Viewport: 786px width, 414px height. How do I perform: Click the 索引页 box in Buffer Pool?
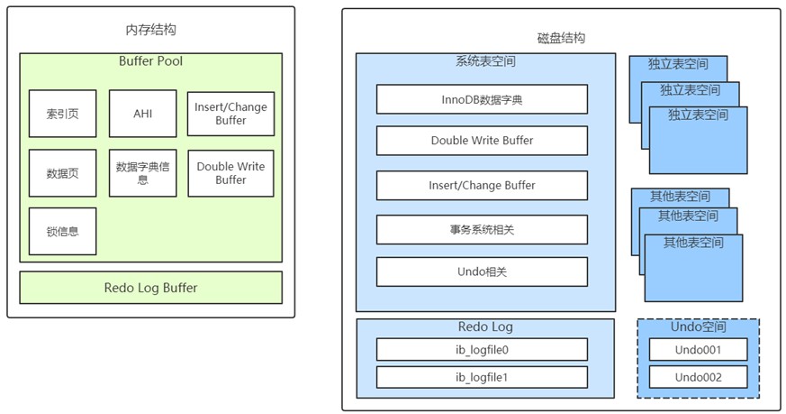[x=63, y=114]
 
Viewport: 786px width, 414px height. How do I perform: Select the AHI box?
[x=143, y=114]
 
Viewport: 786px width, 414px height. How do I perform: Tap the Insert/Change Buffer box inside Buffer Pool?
[x=231, y=114]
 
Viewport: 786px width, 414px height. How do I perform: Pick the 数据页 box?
[x=63, y=173]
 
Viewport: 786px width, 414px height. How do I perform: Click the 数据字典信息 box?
[x=143, y=173]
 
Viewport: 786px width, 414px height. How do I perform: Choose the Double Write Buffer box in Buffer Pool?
[x=231, y=173]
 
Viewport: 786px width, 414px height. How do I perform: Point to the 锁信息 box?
[x=63, y=231]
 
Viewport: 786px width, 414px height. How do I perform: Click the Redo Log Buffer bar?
[x=151, y=288]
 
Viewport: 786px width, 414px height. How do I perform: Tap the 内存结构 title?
[x=151, y=30]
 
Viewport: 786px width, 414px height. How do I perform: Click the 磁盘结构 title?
[x=561, y=38]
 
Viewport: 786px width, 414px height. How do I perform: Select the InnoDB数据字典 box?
[x=482, y=99]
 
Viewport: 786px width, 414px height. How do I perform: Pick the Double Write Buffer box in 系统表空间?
[x=482, y=140]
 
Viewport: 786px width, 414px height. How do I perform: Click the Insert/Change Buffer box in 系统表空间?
[x=482, y=186]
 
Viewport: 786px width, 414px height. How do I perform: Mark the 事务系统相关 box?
[x=482, y=230]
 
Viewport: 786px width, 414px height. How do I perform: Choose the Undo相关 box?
[x=482, y=271]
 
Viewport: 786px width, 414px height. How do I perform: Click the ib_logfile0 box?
[x=482, y=350]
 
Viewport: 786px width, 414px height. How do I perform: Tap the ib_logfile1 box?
[x=482, y=377]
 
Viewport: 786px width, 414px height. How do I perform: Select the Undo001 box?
[x=699, y=350]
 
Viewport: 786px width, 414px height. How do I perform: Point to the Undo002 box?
[x=699, y=377]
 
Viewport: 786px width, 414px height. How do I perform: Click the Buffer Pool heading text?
[x=151, y=61]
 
